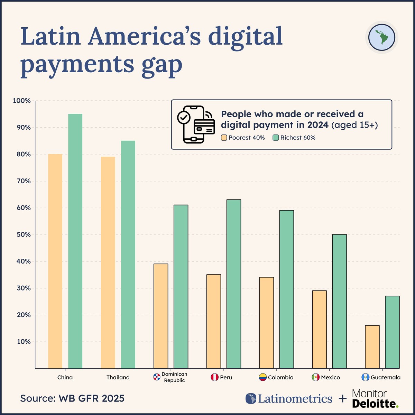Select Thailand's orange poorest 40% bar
tap(108, 262)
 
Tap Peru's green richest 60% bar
tap(234, 284)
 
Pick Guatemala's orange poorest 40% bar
tap(372, 347)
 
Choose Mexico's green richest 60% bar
tap(339, 301)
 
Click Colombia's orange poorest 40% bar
tap(266, 323)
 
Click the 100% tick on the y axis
tap(22, 101)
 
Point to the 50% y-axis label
tap(23, 234)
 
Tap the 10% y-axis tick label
tap(23, 342)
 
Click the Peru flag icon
tap(214, 377)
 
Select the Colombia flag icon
tap(263, 377)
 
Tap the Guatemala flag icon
tap(366, 377)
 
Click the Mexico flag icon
tap(315, 377)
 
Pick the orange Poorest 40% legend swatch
tap(224, 138)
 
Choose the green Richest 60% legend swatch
tap(276, 138)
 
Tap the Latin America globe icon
tap(381, 37)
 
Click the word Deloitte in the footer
tap(375, 403)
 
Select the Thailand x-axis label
tap(118, 377)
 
